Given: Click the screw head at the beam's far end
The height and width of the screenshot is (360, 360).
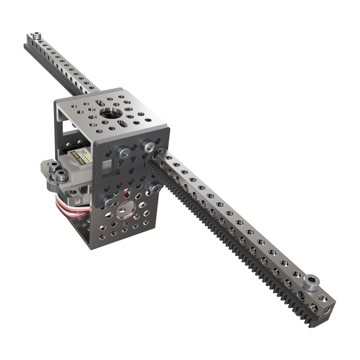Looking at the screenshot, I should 37,36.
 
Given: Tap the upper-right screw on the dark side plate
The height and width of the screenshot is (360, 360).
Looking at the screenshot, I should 149,146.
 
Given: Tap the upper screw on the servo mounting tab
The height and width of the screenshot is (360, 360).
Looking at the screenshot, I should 53,167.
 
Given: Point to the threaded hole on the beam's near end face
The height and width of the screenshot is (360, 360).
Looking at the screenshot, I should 328,309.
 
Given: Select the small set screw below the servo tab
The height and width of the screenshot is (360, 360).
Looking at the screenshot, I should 77,201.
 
